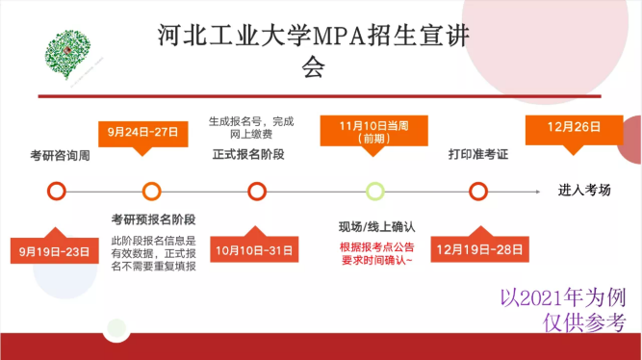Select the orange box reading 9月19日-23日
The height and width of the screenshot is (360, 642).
pos(56,252)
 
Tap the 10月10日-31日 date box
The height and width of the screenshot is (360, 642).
pos(254,251)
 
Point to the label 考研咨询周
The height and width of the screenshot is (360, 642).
pos(60,155)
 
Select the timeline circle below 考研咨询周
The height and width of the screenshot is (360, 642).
pos(56,191)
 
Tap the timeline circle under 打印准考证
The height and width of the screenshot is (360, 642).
pos(477,191)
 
